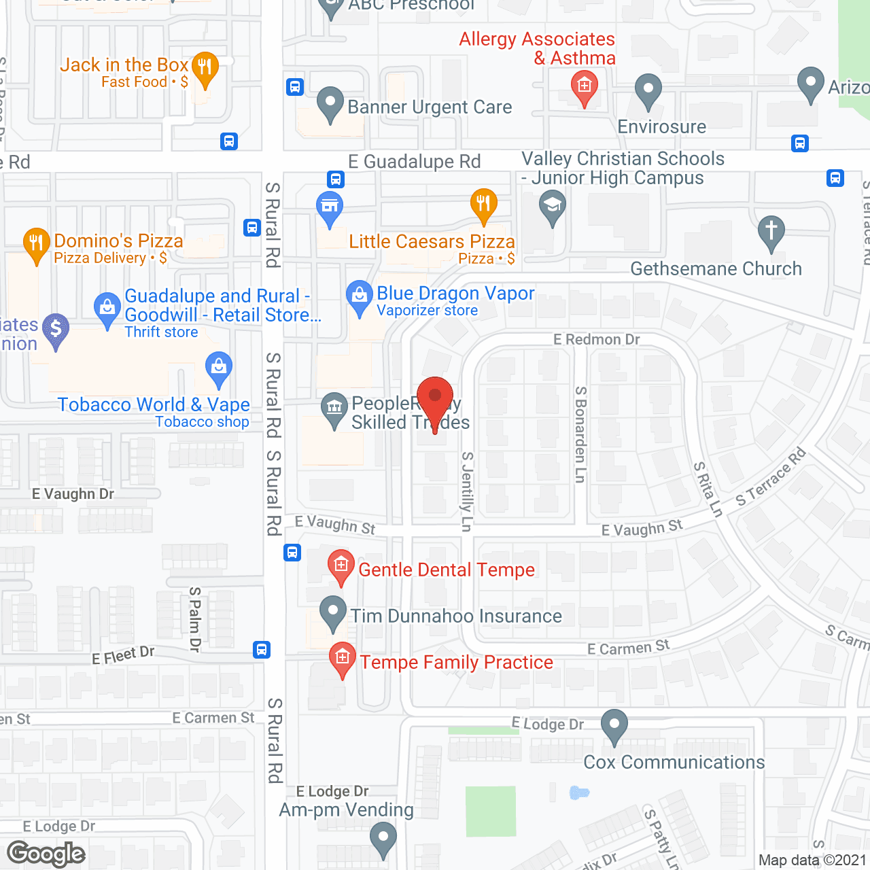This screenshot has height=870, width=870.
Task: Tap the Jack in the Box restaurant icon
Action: tap(205, 68)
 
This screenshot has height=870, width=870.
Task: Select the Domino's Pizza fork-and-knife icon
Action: tap(36, 243)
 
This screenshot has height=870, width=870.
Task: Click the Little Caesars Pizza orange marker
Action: tap(483, 204)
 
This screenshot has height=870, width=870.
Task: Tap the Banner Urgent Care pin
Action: tap(330, 103)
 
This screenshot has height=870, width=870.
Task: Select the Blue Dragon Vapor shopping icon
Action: tap(360, 296)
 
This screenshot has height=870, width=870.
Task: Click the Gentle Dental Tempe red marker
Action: tap(341, 565)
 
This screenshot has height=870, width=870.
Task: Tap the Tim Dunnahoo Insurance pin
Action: tap(332, 611)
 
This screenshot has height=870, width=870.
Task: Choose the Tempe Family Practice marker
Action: tap(343, 658)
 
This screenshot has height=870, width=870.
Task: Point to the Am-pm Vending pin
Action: tap(383, 837)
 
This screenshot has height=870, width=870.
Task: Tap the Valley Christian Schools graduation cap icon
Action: tap(552, 205)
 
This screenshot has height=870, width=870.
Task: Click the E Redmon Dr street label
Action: tap(596, 339)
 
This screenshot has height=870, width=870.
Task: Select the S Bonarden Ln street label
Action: tap(580, 434)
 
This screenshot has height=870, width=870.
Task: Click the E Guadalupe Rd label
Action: tap(415, 162)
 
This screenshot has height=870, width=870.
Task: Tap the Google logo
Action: tap(46, 854)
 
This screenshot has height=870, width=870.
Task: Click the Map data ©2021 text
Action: tap(812, 860)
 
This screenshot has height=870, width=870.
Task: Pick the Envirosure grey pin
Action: tap(648, 90)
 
